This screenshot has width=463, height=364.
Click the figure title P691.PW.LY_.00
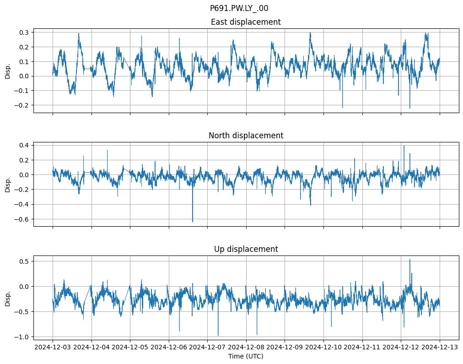pos(239,8)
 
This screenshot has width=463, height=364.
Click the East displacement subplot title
pos(246,22)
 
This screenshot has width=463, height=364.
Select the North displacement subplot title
pos(246,136)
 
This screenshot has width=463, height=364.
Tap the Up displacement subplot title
pos(246,249)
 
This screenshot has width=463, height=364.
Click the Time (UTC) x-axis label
pos(246,356)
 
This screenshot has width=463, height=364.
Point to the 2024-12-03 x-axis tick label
pos(53,348)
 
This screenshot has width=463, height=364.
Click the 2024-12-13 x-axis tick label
pos(440,348)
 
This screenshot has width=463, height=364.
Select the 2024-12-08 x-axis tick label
pos(246,348)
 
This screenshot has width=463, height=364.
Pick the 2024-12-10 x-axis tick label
pos(323,348)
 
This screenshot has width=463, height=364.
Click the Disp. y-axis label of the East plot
pos(8,71)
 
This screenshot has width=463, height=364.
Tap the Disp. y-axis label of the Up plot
pos(8,298)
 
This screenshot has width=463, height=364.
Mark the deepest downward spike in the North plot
pos(193,222)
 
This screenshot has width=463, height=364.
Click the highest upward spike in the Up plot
pos(409,260)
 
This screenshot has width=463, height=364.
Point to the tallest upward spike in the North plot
pos(404,146)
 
